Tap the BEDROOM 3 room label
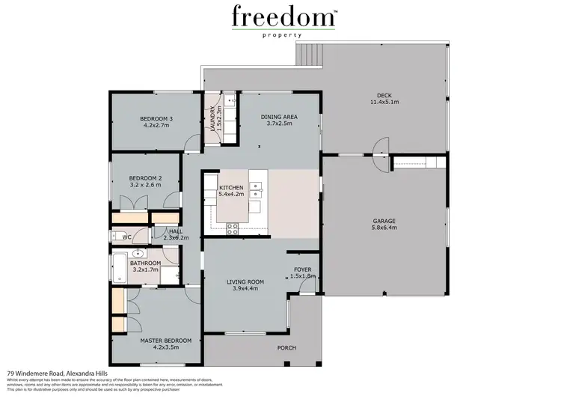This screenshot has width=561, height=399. coord(156,119)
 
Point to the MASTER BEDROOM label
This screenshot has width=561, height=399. coord(166,341)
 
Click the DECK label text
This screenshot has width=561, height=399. coord(384,95)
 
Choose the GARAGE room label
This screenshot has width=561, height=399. coord(384,221)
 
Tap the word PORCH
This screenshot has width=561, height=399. coord(286,347)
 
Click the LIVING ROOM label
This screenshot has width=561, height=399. coord(247,281)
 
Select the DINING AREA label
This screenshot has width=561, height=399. coord(279,117)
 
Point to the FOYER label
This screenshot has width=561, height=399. coord(303,269)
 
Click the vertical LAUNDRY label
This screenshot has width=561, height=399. coord(214,118)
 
